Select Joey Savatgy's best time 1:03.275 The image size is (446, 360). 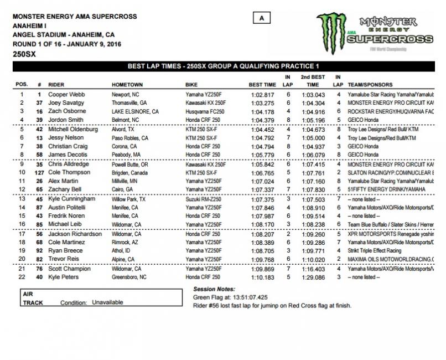coord(261,103)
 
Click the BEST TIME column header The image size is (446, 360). coord(262,85)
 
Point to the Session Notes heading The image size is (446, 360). coord(214,289)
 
